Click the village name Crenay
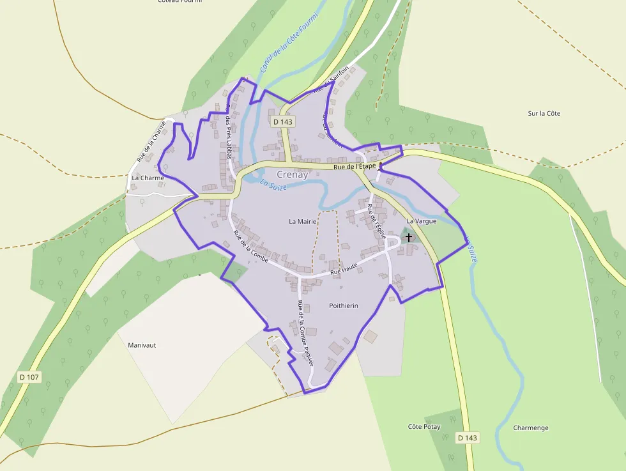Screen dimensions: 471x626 click(x=292, y=174)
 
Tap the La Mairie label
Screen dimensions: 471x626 click(x=303, y=222)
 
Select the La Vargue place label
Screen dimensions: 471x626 click(x=422, y=221)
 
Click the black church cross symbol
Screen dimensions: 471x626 click(x=409, y=237)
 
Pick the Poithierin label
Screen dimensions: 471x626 click(x=343, y=305)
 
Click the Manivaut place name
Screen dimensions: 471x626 click(x=142, y=345)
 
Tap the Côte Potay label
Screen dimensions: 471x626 click(x=424, y=426)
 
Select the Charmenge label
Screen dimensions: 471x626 click(x=530, y=428)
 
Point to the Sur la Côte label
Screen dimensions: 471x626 click(x=544, y=114)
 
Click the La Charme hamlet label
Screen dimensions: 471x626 click(x=148, y=178)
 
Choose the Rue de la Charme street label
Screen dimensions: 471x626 click(x=151, y=142)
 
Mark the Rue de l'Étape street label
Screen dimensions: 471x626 click(x=355, y=166)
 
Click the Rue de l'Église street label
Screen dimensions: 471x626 click(x=376, y=221)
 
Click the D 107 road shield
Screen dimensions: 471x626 click(x=29, y=377)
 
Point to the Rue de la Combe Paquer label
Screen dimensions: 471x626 click(x=305, y=332)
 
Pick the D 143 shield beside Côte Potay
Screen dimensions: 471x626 click(x=468, y=438)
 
